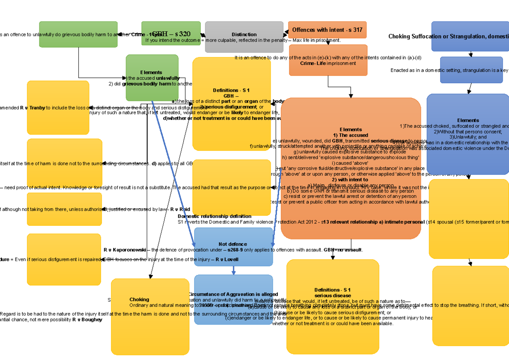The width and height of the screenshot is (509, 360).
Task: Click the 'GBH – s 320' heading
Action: tap(171, 34)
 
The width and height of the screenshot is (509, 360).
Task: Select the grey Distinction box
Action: tap(244, 35)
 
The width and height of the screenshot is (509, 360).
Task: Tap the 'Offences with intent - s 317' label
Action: tap(327, 30)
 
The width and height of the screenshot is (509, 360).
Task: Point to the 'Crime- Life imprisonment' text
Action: tap(328, 63)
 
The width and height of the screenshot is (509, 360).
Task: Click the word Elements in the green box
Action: tap(151, 73)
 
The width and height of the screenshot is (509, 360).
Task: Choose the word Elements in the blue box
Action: tap(468, 120)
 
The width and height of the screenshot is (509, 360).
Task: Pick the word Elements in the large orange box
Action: tap(350, 129)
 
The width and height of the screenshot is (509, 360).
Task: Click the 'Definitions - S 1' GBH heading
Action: tap(231, 90)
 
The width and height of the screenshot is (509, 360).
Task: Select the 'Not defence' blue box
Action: tap(233, 244)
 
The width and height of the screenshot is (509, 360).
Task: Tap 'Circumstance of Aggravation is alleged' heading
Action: tap(233, 294)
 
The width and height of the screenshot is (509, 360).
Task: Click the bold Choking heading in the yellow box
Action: tap(139, 299)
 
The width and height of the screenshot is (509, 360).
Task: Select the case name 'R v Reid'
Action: tap(180, 209)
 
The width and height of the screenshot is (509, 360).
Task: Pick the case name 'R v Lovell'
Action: tap(227, 259)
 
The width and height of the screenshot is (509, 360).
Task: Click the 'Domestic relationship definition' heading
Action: tap(214, 216)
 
